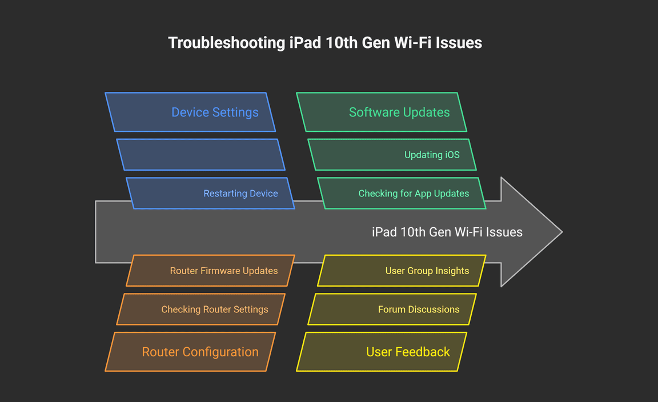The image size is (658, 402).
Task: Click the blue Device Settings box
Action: [x=190, y=112]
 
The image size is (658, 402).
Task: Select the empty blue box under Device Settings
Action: [x=200, y=155]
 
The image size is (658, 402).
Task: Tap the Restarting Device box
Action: [x=210, y=194]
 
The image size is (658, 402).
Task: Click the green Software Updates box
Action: [x=382, y=112]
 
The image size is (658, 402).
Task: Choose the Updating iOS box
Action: [x=392, y=155]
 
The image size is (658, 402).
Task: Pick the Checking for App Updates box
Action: [x=402, y=194]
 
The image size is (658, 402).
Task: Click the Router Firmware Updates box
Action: [x=210, y=271]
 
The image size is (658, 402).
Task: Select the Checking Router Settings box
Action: [x=200, y=309]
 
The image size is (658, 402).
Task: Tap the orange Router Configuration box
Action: [x=190, y=352]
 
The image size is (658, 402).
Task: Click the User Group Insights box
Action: [x=402, y=271]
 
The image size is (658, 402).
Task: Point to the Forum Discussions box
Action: [x=392, y=309]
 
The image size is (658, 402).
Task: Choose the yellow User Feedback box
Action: [x=382, y=352]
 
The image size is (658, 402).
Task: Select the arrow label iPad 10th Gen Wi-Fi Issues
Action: [x=447, y=232]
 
